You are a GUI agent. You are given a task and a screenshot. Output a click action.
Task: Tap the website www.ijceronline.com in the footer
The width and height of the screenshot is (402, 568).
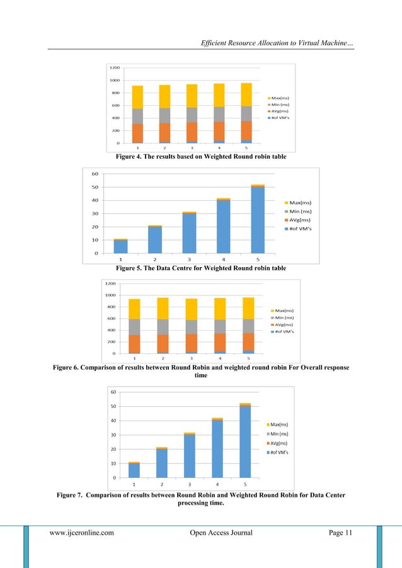(x=82, y=533)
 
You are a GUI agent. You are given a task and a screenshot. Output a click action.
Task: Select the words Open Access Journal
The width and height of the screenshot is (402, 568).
(x=221, y=533)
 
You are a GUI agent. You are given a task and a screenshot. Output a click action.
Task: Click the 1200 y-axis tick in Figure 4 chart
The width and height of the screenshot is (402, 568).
(x=115, y=67)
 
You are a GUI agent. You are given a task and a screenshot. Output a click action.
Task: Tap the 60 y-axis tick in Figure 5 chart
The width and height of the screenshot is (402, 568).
(x=95, y=174)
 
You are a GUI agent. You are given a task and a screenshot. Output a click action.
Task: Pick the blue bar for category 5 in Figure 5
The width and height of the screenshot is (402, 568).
(x=258, y=220)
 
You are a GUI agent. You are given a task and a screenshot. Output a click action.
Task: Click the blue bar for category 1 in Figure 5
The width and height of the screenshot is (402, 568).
(x=120, y=246)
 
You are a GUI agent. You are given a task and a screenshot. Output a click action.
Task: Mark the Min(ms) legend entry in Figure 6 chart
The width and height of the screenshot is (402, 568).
(x=284, y=317)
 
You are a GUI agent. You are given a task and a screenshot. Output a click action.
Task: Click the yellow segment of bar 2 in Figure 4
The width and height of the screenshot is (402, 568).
(x=164, y=96)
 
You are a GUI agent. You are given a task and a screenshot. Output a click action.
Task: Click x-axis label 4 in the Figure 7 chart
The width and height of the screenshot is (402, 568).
(x=218, y=484)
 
